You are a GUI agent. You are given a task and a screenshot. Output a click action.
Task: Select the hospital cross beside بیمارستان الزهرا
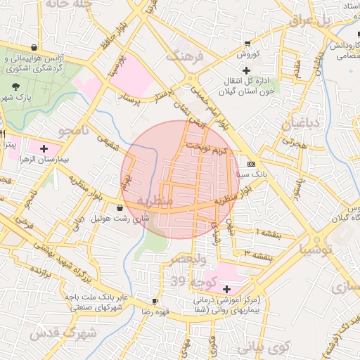pyautogui.click(x=44, y=148)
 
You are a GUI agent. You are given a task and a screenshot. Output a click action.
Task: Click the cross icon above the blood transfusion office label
pyautogui.click(x=246, y=70)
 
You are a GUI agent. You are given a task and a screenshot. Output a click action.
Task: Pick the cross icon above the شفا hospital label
pyautogui.click(x=226, y=289)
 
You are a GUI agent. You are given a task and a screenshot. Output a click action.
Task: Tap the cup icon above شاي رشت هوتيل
pyautogui.click(x=120, y=208)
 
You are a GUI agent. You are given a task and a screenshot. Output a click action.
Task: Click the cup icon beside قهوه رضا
pyautogui.click(x=155, y=301)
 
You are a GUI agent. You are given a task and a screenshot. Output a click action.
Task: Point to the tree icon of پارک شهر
pyautogui.click(x=15, y=85)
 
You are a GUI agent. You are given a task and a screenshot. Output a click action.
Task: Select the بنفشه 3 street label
pyautogui.click(x=257, y=254)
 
